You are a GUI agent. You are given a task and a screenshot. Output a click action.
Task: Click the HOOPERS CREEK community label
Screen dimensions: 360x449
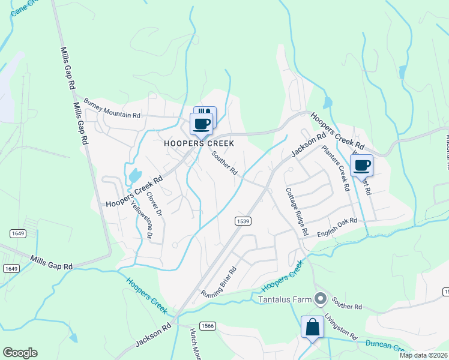199,144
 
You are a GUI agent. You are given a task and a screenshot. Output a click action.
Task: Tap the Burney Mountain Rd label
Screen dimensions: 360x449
112,107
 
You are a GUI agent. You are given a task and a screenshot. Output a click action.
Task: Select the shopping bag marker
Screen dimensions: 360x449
312,328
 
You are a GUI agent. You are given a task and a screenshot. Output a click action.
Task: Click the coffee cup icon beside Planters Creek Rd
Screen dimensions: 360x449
361,165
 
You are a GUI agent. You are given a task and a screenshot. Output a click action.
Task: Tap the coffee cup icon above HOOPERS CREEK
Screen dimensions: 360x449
202,124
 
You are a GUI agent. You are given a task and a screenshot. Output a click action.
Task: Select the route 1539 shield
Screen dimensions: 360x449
242,221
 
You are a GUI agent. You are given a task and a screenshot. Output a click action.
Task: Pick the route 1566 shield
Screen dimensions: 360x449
207,325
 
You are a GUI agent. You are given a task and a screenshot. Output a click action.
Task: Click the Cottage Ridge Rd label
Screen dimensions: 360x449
297,211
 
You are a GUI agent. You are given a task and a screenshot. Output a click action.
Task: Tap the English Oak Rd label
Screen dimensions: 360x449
337,227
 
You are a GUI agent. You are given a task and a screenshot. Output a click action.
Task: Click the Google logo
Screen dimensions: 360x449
20,353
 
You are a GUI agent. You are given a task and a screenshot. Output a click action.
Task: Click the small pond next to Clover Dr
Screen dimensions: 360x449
134,176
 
